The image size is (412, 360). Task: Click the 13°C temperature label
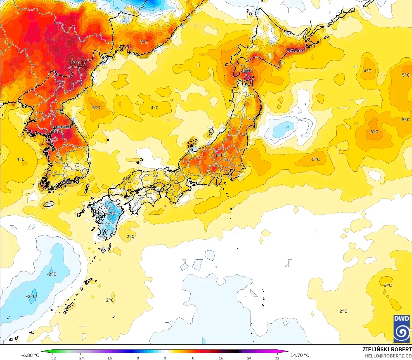pos(75,63)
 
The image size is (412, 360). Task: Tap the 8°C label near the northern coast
pos(144,42)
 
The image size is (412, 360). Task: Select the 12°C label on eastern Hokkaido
pos(292,50)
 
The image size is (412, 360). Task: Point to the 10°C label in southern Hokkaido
pos(247,71)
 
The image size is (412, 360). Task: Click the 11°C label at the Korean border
pos(58,131)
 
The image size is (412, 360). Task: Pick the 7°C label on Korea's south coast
pos(69,182)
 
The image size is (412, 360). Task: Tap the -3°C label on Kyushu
pos(110,213)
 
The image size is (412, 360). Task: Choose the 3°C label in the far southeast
pos(388,285)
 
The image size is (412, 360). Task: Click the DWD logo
pos(402,329)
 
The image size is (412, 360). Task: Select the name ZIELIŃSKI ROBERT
pos(387,349)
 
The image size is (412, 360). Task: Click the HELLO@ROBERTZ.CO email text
pos(388,356)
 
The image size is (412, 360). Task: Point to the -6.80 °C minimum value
pos(30,355)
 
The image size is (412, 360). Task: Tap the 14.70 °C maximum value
pos(300,355)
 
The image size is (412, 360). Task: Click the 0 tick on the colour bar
pos(165,358)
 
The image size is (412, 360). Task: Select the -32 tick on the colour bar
pos(53,358)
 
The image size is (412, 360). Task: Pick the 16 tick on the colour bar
pos(221,358)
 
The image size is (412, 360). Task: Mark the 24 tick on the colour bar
pos(249,358)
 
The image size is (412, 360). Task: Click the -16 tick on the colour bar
pos(109,358)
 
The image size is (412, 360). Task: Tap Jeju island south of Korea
pos(49,204)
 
